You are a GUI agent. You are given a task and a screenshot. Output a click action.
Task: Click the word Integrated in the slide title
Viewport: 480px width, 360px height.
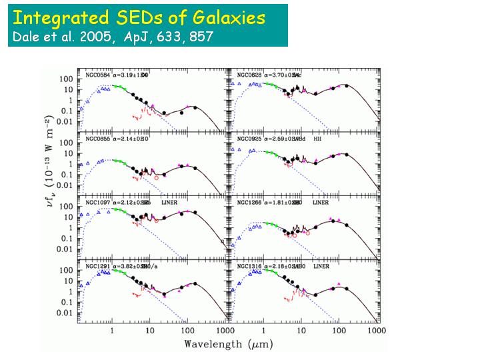57,17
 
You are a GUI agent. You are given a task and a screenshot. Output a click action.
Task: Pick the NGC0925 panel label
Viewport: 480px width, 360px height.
246,139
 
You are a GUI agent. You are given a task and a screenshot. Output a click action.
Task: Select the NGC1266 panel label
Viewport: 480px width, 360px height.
246,202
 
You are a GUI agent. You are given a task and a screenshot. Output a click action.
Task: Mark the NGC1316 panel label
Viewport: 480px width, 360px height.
246,265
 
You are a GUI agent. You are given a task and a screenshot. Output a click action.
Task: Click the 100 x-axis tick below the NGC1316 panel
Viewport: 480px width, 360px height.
339,330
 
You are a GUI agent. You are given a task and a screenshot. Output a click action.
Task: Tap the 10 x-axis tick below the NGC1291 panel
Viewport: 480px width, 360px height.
150,330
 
